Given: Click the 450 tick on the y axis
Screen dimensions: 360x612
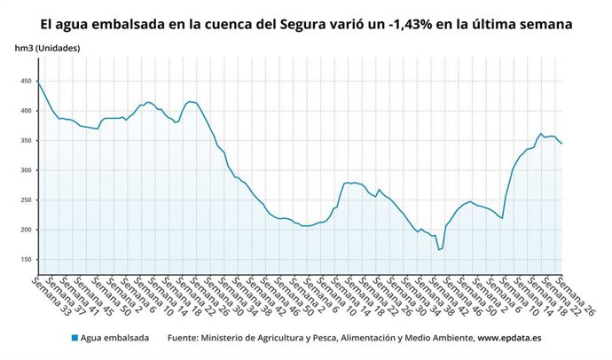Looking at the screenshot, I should tap(25, 82).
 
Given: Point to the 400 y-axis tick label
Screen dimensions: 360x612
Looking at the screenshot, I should tap(25, 111).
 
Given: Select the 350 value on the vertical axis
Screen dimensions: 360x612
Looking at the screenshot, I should tap(25, 141).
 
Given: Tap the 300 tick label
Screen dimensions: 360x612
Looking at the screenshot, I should tap(25, 170).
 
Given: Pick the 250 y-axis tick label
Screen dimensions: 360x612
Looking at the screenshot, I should tap(25, 200).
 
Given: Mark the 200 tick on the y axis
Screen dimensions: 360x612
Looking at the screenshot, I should tap(25, 230).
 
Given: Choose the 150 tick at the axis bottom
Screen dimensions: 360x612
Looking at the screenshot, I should tap(25, 260).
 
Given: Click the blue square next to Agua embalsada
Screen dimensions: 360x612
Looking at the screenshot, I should tap(75, 338).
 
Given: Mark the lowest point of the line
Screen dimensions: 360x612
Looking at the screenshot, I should tap(438, 250).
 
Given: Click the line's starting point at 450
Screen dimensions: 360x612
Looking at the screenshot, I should tap(37, 82).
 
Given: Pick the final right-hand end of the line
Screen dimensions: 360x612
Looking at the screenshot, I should tap(562, 144).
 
